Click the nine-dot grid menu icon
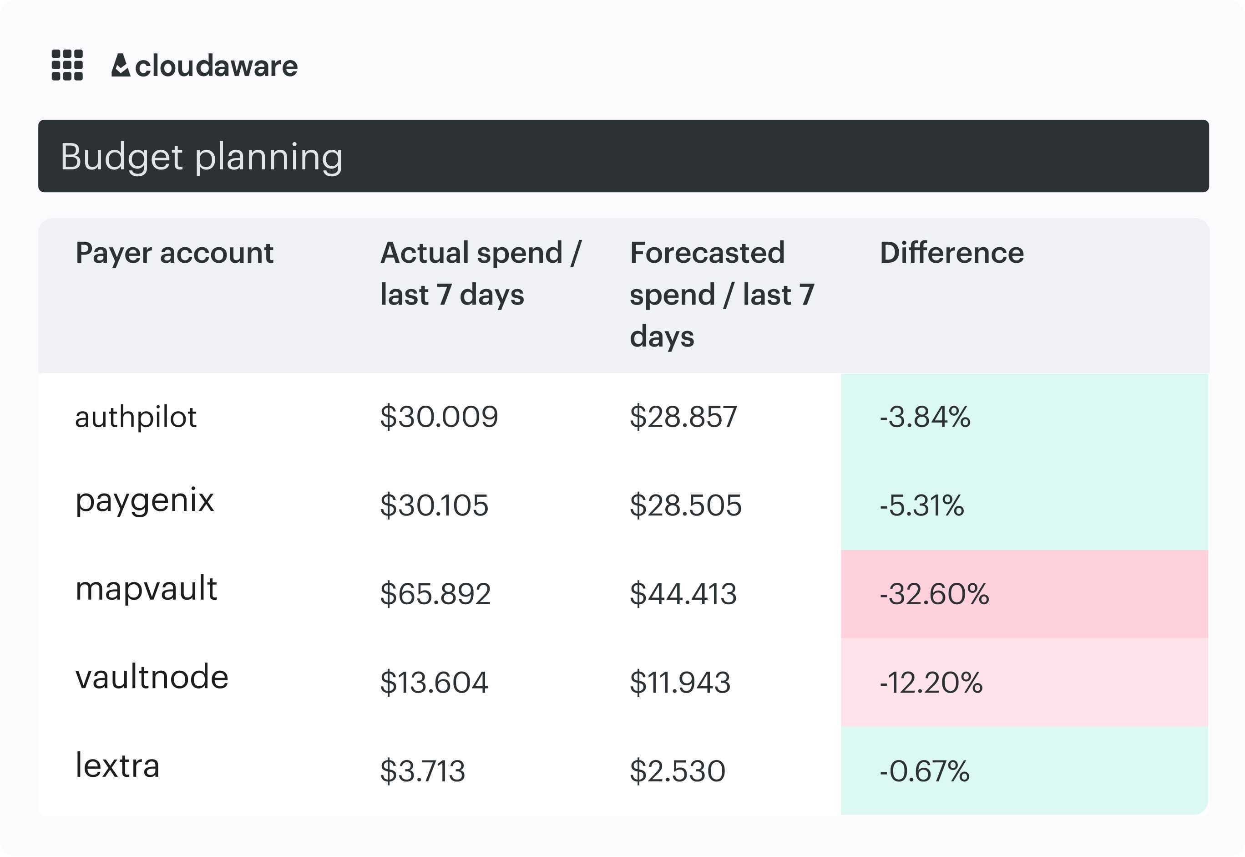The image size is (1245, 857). click(x=67, y=65)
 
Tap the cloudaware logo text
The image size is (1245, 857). click(x=216, y=66)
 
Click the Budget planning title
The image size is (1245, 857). click(x=201, y=156)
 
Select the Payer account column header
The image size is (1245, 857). click(x=174, y=252)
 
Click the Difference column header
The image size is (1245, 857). click(x=951, y=252)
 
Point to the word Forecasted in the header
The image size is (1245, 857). click(x=707, y=252)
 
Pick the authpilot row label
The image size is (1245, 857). click(x=136, y=417)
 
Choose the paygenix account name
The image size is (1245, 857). click(x=144, y=501)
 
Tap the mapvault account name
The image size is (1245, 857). click(x=146, y=588)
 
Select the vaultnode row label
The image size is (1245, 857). click(x=152, y=677)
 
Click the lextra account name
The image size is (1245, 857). click(x=117, y=766)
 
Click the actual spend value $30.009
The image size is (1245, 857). click(x=439, y=417)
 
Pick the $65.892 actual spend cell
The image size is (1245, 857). click(x=435, y=594)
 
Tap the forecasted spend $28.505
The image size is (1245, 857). click(x=685, y=505)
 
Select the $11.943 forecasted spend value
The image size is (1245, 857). click(x=680, y=683)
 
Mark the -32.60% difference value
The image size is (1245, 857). click(x=934, y=594)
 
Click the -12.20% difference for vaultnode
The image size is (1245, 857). click(x=931, y=683)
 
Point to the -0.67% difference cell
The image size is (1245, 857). click(x=924, y=771)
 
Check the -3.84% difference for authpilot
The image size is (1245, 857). click(x=925, y=417)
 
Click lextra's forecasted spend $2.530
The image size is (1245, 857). click(x=677, y=771)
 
